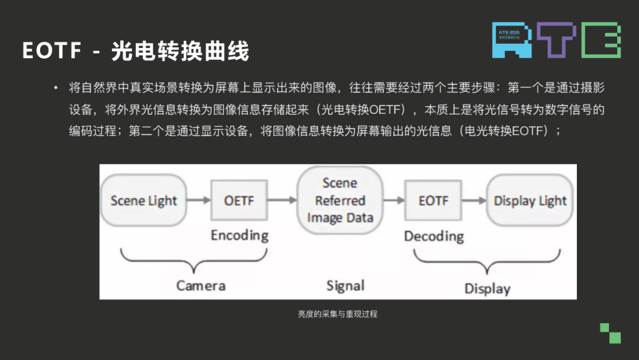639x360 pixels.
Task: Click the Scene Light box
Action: (143, 201)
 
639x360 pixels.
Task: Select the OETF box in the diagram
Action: (239, 201)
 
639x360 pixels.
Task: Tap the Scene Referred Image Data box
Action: (340, 200)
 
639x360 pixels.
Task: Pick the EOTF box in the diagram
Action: (434, 201)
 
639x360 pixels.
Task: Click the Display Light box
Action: (530, 201)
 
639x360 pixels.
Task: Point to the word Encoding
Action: (240, 235)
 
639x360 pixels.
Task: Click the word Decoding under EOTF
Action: (434, 236)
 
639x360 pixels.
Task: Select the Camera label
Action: (201, 286)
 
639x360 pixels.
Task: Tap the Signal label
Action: (346, 286)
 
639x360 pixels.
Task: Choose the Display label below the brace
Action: (487, 288)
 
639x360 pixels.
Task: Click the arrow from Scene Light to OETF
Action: (198, 201)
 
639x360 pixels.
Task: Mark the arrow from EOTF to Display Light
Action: (474, 201)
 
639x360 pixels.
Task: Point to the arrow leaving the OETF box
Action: (282, 201)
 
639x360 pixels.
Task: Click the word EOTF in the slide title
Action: (52, 52)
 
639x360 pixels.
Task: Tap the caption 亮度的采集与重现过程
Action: (337, 314)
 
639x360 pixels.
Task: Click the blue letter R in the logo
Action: (509, 40)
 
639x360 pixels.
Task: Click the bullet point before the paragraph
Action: (56, 88)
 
